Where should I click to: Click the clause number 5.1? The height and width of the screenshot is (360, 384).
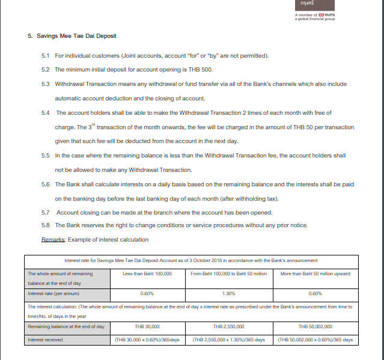pyautogui.click(x=45, y=56)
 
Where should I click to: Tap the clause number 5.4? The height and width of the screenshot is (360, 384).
pyautogui.click(x=45, y=113)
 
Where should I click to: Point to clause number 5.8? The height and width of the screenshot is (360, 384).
pyautogui.click(x=45, y=225)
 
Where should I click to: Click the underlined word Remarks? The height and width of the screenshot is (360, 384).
pyautogui.click(x=53, y=240)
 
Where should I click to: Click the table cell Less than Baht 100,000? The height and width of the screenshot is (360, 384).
pyautogui.click(x=147, y=273)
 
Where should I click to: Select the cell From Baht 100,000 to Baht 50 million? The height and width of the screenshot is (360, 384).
pyautogui.click(x=228, y=273)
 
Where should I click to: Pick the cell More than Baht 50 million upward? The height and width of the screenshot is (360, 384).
pyautogui.click(x=315, y=273)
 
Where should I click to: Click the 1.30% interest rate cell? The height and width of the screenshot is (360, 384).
pyautogui.click(x=228, y=294)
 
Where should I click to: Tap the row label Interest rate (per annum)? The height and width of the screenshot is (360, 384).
pyautogui.click(x=53, y=294)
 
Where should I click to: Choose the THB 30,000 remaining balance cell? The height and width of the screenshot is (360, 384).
pyautogui.click(x=147, y=326)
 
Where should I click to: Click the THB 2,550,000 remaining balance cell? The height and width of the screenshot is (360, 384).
pyautogui.click(x=228, y=326)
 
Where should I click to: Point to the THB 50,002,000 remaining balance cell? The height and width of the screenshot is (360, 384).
pyautogui.click(x=315, y=326)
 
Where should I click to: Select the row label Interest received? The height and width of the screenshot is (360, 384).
pyautogui.click(x=45, y=340)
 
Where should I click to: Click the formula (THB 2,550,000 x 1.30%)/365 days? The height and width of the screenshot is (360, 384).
pyautogui.click(x=228, y=340)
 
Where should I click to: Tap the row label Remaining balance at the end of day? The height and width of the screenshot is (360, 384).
pyautogui.click(x=66, y=326)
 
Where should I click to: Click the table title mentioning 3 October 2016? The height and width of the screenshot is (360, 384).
pyautogui.click(x=191, y=260)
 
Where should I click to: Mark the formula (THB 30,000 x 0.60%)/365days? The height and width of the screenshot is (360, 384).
pyautogui.click(x=147, y=340)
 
